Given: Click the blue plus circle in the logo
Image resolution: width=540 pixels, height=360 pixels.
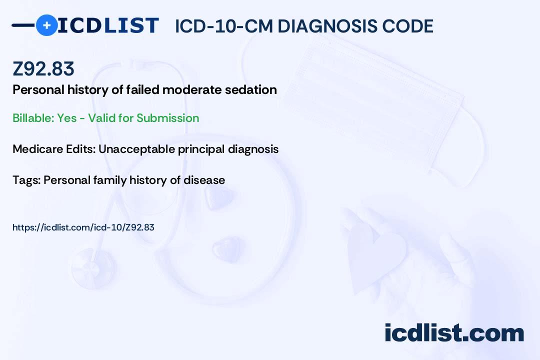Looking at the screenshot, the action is (x=46, y=25).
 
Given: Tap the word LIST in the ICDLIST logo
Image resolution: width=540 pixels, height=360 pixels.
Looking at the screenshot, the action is (x=131, y=25).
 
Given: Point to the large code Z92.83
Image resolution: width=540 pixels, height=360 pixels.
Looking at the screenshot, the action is (x=43, y=68).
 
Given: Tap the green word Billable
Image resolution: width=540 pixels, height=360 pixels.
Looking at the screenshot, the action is (x=33, y=118).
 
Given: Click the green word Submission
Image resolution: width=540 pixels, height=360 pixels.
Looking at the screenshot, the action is (x=167, y=118).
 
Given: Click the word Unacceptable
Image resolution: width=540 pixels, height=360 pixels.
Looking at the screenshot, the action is (x=136, y=149).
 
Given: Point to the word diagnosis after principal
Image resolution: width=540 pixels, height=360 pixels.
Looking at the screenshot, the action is (x=253, y=149).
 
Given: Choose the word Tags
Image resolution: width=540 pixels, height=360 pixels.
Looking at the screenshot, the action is (x=26, y=180).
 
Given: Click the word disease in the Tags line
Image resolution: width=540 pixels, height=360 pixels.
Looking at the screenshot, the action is (x=204, y=180).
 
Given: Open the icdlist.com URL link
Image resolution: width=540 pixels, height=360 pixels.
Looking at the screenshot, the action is (x=83, y=227).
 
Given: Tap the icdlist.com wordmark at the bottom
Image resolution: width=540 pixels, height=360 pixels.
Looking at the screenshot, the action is (x=454, y=332).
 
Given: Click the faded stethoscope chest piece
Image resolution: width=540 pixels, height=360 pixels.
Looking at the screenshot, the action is (x=93, y=268).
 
